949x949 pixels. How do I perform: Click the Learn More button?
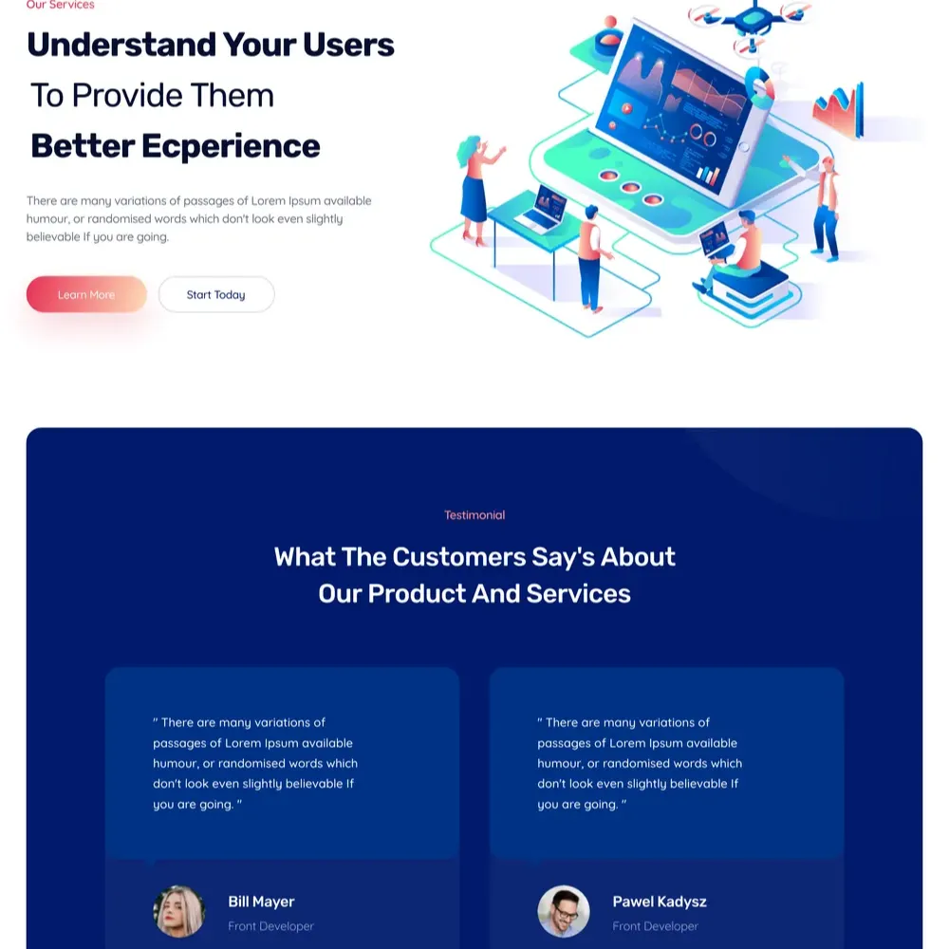click(86, 295)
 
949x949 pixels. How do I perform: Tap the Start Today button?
click(216, 295)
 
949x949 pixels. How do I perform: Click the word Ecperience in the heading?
click(231, 146)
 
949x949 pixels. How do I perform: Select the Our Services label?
click(61, 5)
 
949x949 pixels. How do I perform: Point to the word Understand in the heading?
click(121, 46)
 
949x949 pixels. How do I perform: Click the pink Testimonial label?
click(474, 515)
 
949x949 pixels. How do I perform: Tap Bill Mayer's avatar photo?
click(178, 911)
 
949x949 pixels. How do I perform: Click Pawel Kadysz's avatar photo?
click(564, 911)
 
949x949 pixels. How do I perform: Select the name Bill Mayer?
click(262, 902)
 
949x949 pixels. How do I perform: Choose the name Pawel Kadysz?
click(660, 902)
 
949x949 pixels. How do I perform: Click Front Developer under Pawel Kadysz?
click(656, 926)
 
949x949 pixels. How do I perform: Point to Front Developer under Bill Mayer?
click(271, 926)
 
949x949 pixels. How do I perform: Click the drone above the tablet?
click(753, 22)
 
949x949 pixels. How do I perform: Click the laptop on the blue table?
click(544, 210)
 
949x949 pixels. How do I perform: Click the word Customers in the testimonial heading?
click(459, 557)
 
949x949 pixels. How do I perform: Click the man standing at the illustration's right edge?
click(824, 208)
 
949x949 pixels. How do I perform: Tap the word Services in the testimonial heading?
click(579, 594)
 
